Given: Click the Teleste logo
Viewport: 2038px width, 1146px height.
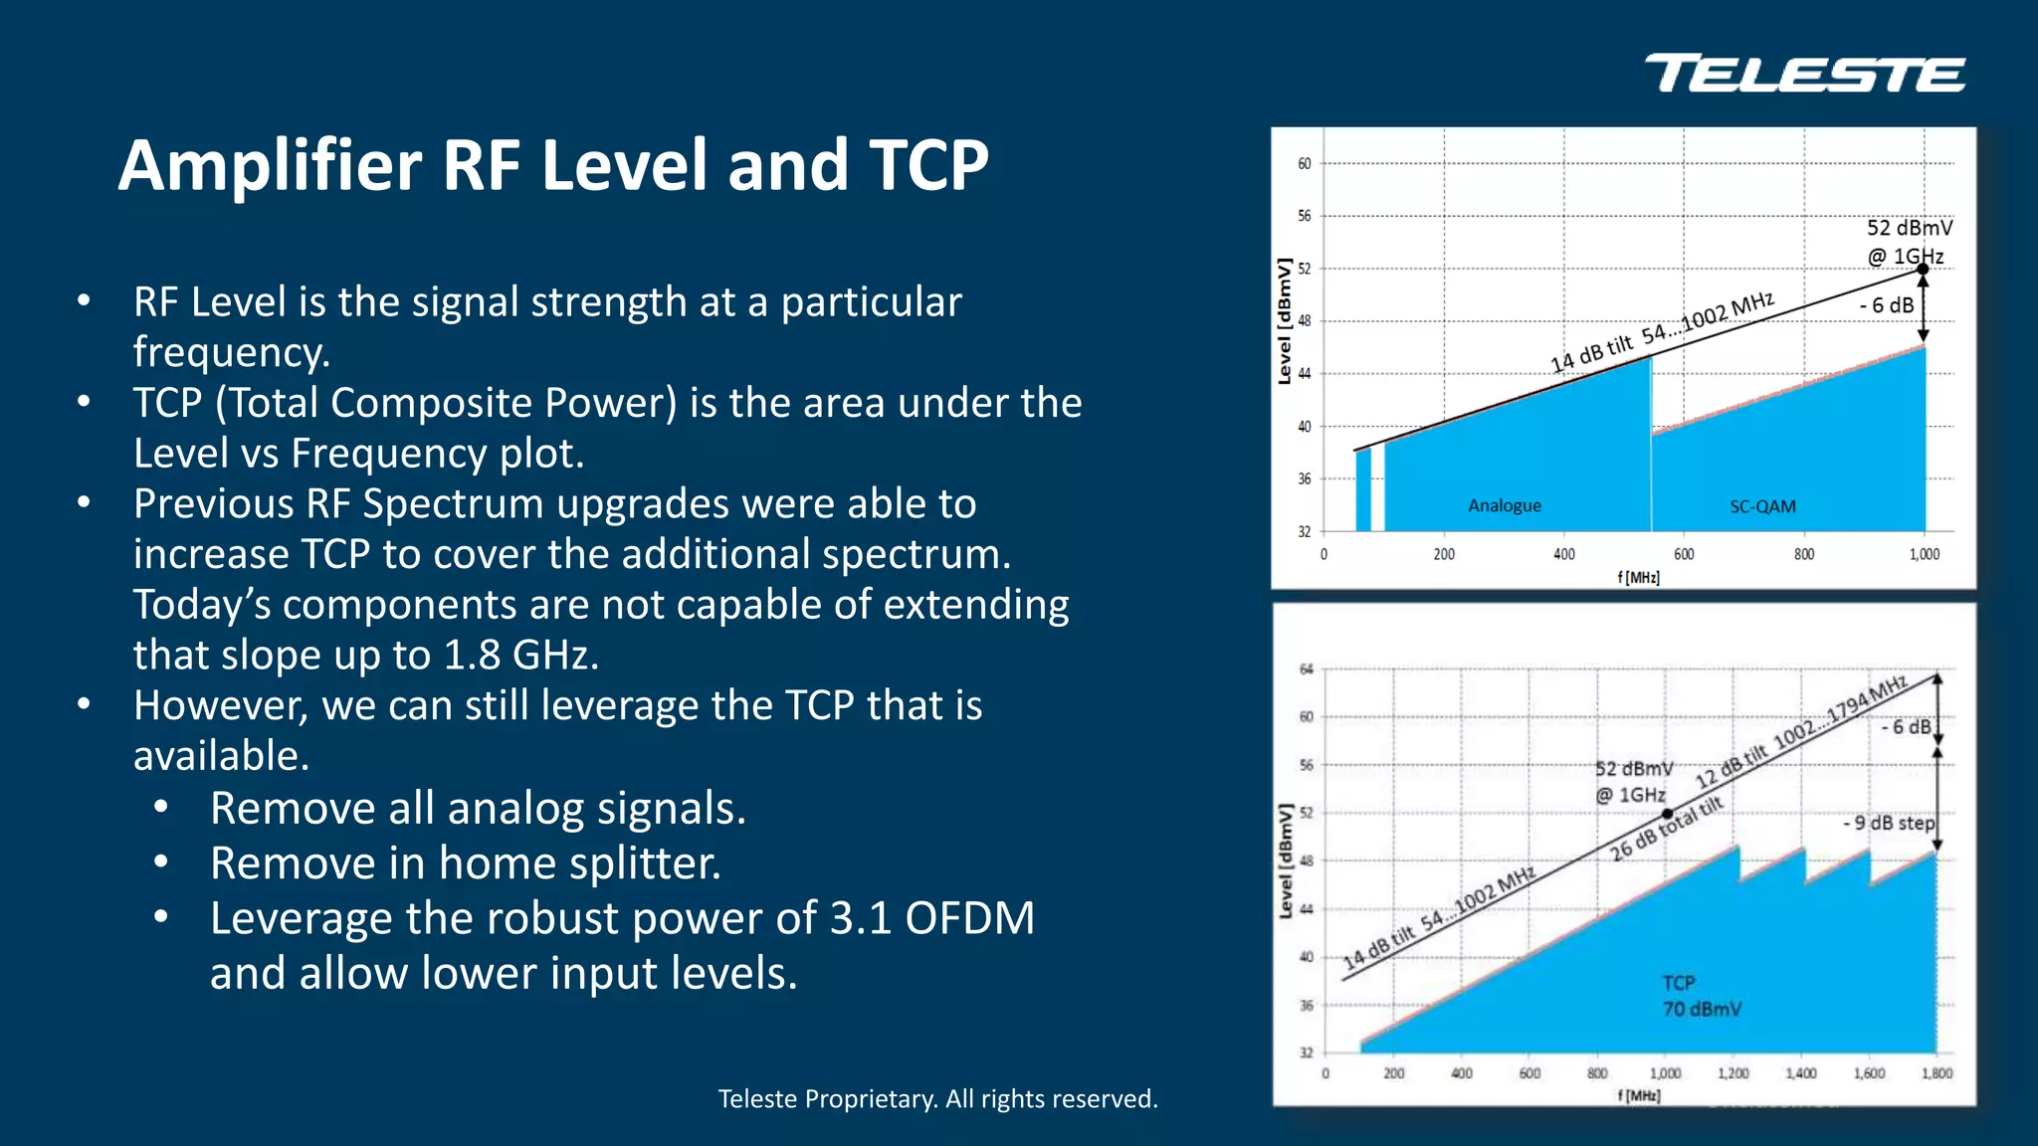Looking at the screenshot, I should (x=1804, y=74).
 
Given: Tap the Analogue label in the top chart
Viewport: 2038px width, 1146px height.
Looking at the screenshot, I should (x=1504, y=505).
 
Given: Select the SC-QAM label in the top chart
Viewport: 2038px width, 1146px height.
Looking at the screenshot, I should (x=1762, y=506).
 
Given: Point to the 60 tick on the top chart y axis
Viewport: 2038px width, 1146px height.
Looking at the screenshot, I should (x=1304, y=163).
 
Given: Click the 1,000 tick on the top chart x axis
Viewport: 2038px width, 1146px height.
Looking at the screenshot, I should (x=1924, y=554).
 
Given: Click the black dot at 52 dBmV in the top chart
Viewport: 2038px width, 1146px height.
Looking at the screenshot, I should (x=1923, y=269).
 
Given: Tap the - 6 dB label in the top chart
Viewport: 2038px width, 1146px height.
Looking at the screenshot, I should (x=1886, y=305).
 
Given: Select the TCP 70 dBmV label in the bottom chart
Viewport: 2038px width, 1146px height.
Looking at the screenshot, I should (x=1701, y=996).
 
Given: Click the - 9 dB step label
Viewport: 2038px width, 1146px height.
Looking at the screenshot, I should (x=1888, y=823).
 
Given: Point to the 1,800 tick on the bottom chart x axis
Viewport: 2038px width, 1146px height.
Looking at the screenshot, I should (x=1936, y=1073).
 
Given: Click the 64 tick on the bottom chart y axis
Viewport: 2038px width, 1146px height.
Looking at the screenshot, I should (x=1306, y=668).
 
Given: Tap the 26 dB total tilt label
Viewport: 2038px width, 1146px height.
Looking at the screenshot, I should (x=1665, y=829).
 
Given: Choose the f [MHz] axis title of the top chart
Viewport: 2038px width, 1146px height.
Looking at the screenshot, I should (x=1638, y=577).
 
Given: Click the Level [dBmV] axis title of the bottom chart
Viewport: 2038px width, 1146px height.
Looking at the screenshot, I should (x=1286, y=860).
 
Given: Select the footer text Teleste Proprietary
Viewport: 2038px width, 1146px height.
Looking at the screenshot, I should (x=937, y=1098).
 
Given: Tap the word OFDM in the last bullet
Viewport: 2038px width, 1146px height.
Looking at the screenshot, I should (x=969, y=917).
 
